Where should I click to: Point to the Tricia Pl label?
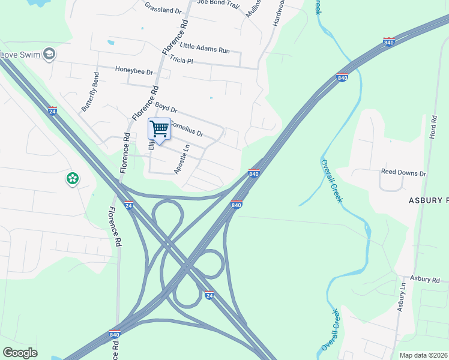pyautogui.click(x=181, y=60)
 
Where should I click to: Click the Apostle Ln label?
pyautogui.click(x=182, y=159)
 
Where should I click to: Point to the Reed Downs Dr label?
pyautogui.click(x=403, y=173)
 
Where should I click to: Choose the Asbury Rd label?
pyautogui.click(x=425, y=279)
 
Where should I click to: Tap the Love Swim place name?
pyautogui.click(x=20, y=55)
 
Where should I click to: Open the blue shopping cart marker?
pyautogui.click(x=159, y=129)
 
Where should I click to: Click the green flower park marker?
pyautogui.click(x=73, y=178)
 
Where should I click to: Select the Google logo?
pyautogui.click(x=20, y=353)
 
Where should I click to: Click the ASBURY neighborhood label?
pyautogui.click(x=429, y=200)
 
